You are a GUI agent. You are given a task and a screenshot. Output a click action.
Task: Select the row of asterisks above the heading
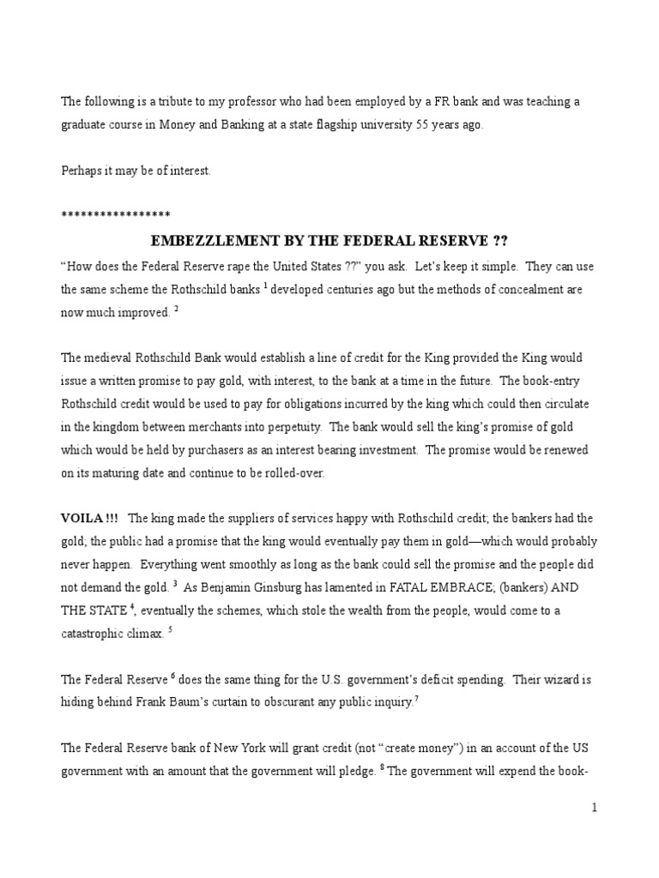click(x=116, y=214)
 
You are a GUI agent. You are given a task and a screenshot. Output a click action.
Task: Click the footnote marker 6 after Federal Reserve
click(x=172, y=676)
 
